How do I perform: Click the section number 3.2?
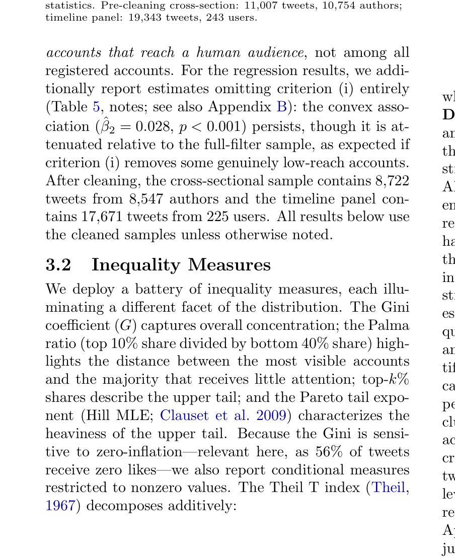tap(58, 265)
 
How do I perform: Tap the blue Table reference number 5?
tap(96, 107)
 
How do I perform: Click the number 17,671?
tap(105, 217)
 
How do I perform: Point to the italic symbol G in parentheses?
tap(123, 325)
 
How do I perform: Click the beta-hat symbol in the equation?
tap(106, 126)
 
